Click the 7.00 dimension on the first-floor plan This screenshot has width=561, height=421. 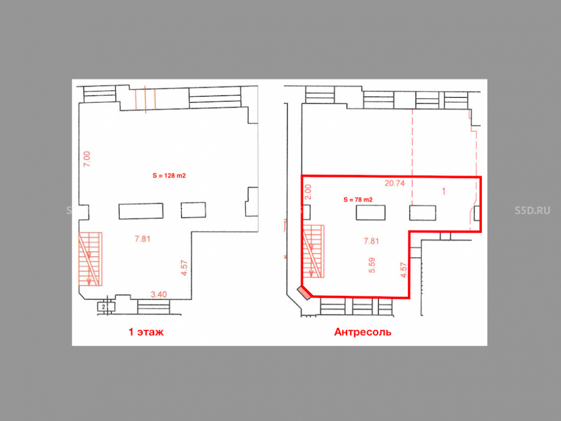tap(86, 159)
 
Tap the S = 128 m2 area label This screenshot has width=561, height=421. tap(169, 176)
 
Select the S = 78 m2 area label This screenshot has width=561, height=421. tap(358, 200)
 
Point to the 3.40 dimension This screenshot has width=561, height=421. tap(159, 295)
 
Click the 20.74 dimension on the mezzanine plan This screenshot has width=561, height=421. tap(394, 184)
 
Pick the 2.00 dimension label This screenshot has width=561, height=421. tap(308, 192)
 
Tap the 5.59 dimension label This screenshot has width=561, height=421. tap(372, 266)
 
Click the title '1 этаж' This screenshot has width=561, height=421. tap(146, 332)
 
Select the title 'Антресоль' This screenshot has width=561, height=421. tap(363, 332)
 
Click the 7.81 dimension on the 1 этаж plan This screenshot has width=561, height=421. tap(142, 239)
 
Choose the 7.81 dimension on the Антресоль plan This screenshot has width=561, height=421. tap(371, 241)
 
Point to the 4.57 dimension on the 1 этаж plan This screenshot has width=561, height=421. tap(184, 268)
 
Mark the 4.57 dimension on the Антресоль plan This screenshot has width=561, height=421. tap(404, 271)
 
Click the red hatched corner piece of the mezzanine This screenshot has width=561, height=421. tap(305, 292)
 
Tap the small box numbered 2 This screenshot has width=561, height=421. tap(103, 307)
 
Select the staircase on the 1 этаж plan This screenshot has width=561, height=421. tap(90, 259)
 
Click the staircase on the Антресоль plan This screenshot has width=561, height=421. tap(314, 251)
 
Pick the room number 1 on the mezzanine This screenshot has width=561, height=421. tap(444, 191)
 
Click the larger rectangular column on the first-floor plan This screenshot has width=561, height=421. tap(141, 211)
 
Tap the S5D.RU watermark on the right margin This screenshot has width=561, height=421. tap(532, 210)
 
